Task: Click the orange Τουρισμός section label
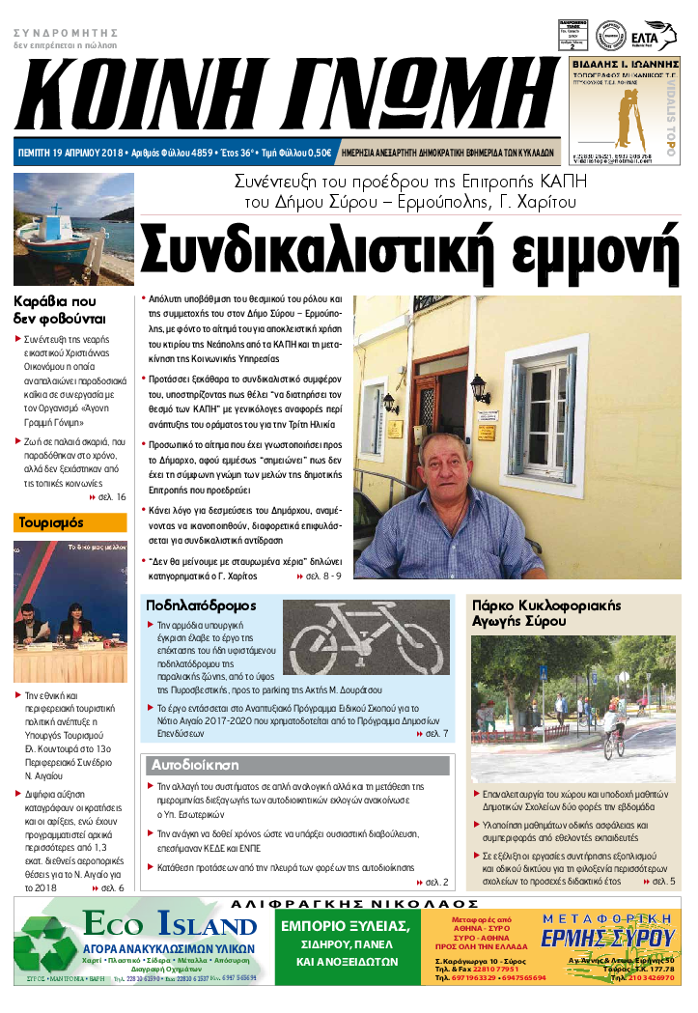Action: coord(70,523)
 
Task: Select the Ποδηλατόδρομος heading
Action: coord(201,605)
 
